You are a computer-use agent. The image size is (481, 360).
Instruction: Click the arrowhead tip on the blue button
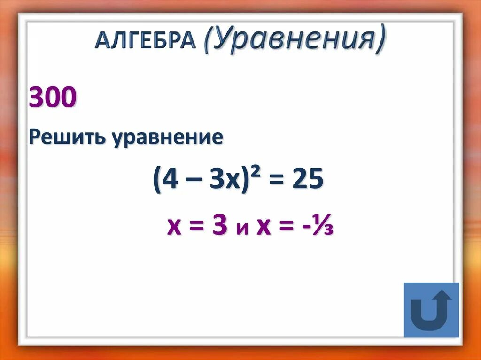442,291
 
